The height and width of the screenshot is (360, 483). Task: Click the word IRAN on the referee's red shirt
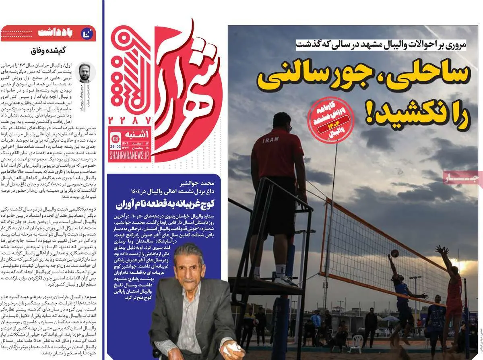(x=270, y=141)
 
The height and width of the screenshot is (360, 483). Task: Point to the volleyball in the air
(x=395, y=253)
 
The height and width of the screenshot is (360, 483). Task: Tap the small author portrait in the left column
(x=85, y=72)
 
